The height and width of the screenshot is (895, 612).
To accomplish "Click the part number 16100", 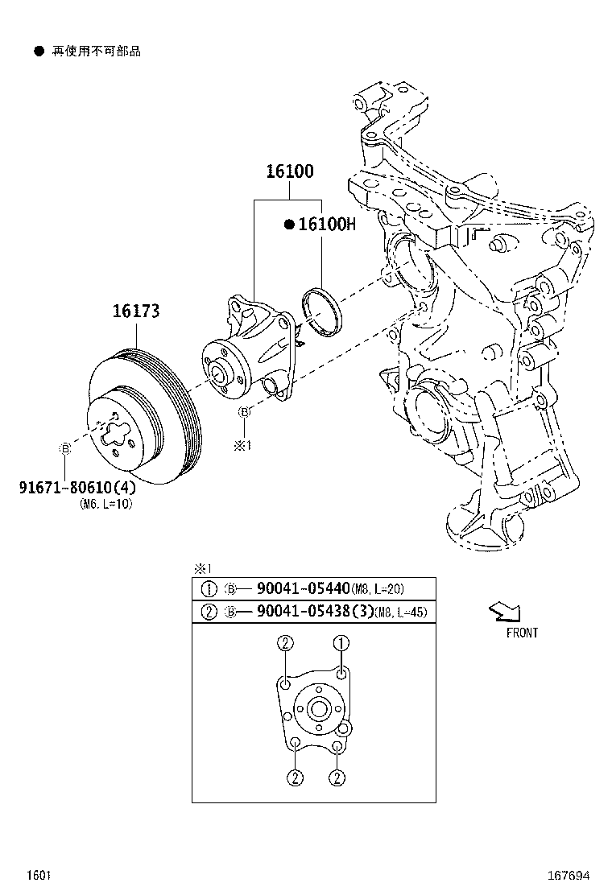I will tap(290, 171).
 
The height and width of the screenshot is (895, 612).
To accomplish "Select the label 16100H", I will tap(326, 225).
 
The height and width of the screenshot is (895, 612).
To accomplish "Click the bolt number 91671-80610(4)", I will tap(77, 488).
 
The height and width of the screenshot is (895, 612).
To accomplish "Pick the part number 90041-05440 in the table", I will tap(304, 588).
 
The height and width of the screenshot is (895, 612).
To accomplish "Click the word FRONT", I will tap(522, 633).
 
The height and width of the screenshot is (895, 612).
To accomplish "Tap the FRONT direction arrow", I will tap(504, 613).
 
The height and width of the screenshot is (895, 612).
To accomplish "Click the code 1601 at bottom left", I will tap(39, 875).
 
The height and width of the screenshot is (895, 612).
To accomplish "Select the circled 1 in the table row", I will tap(209, 588).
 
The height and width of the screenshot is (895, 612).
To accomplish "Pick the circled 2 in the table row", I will tap(209, 612).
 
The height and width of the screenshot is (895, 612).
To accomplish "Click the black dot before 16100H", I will tap(288, 225).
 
